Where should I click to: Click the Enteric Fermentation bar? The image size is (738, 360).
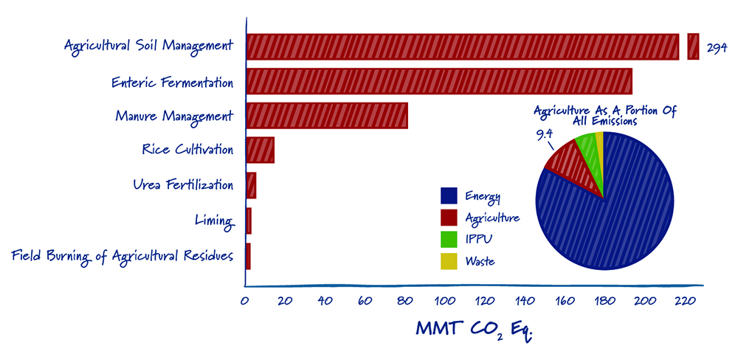pyautogui.click(x=438, y=80)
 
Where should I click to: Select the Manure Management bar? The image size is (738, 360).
pyautogui.click(x=326, y=116)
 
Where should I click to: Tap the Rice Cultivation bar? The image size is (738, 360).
pyautogui.click(x=260, y=150)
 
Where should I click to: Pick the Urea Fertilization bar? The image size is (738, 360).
pyautogui.click(x=251, y=185)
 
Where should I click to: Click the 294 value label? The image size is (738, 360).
pyautogui.click(x=717, y=47)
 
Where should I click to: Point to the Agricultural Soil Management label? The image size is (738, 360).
pyautogui.click(x=148, y=46)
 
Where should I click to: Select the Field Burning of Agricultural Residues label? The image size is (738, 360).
pyautogui.click(x=123, y=255)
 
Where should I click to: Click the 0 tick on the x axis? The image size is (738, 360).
pyautogui.click(x=245, y=301)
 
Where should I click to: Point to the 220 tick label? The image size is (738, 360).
pyautogui.click(x=683, y=301)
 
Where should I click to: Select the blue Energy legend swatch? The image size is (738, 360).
pyautogui.click(x=449, y=195)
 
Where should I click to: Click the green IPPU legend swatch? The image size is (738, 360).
pyautogui.click(x=449, y=240)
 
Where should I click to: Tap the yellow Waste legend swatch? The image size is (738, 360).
pyautogui.click(x=449, y=261)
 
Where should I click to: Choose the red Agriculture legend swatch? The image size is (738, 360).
pyautogui.click(x=449, y=218)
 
